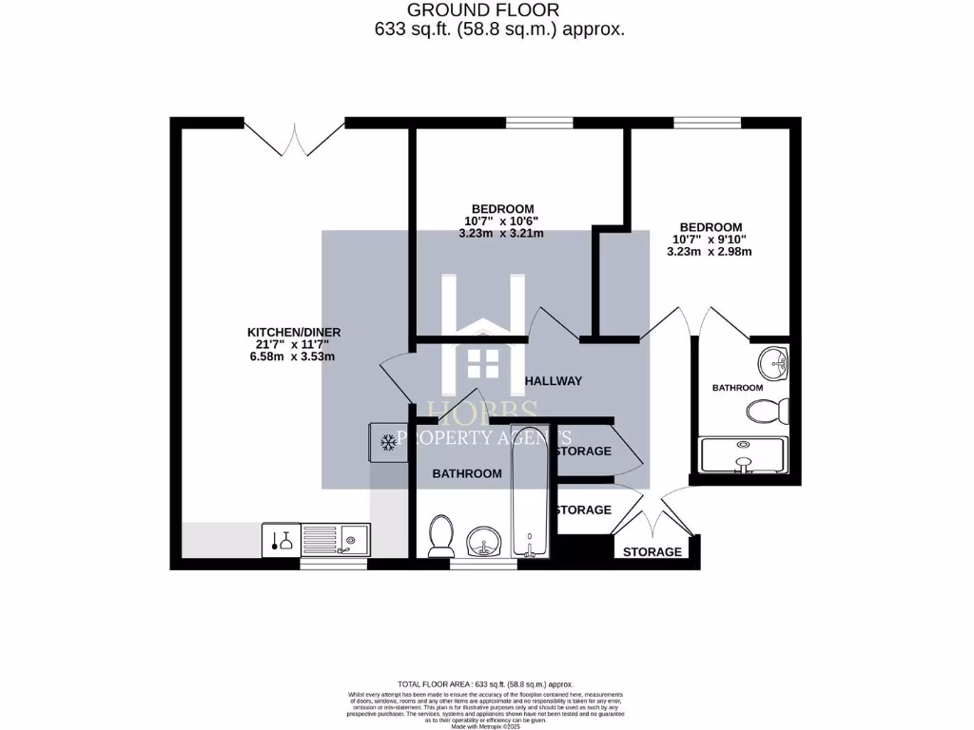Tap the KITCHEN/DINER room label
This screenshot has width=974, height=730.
[x=294, y=332]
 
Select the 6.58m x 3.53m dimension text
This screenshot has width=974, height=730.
[x=294, y=356]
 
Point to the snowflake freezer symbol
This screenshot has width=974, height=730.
[x=387, y=442]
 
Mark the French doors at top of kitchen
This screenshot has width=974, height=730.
[x=294, y=135]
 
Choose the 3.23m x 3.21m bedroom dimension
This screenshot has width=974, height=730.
[x=502, y=233]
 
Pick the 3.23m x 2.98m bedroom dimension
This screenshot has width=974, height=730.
[x=711, y=252]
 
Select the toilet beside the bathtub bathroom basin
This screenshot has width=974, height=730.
[x=440, y=535]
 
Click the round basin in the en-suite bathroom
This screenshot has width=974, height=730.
[x=773, y=361]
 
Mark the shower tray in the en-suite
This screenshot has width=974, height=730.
[x=743, y=455]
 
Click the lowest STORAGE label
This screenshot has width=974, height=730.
[x=653, y=552]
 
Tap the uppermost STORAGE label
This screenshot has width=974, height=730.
[x=583, y=451]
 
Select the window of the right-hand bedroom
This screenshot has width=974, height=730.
[x=707, y=123]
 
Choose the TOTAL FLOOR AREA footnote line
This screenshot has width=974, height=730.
[x=486, y=684]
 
